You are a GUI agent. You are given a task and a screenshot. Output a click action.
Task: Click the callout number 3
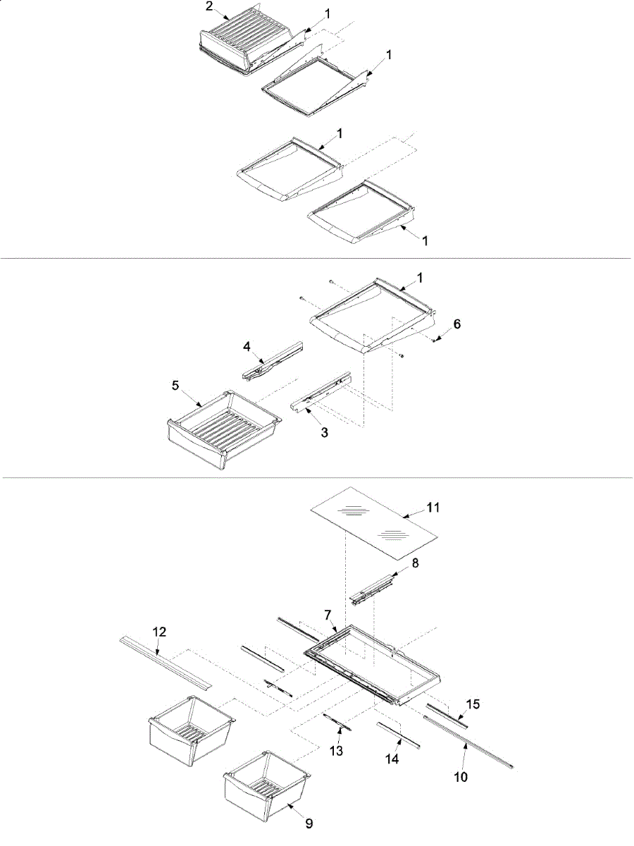coord(324,432)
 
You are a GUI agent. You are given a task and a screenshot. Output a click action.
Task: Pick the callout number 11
coord(433,507)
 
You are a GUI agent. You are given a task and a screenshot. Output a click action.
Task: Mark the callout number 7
coord(328,615)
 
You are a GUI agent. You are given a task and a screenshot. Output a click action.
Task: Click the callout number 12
coord(160,632)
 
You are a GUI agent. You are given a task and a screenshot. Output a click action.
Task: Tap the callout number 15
coord(473,704)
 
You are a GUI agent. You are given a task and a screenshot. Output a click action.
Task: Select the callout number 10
coord(461,778)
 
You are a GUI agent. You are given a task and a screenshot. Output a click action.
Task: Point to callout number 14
coord(392,759)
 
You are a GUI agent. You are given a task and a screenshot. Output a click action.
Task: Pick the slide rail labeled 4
coord(271,359)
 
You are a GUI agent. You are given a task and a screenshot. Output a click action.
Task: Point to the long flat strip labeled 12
coord(166,661)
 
